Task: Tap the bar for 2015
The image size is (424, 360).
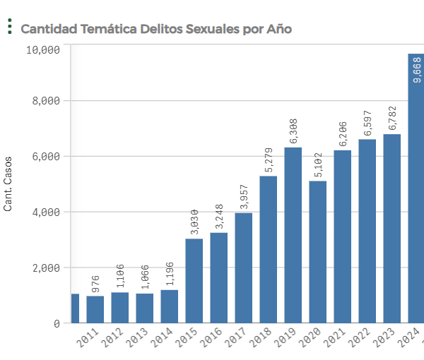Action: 194,280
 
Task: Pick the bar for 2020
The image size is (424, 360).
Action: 317,252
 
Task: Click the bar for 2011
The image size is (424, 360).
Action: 95,309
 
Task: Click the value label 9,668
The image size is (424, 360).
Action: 416,70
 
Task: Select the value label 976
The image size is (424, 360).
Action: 95,283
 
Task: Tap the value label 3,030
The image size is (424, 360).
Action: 194,222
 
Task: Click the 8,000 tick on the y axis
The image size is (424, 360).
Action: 47,101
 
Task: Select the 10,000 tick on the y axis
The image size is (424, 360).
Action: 44,49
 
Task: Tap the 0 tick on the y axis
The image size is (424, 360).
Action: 57,323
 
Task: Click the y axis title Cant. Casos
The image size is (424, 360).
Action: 8,184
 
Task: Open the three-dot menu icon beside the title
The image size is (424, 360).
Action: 9,28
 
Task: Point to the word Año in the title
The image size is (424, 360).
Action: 278,29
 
